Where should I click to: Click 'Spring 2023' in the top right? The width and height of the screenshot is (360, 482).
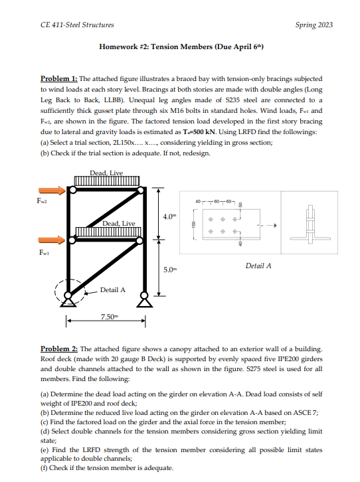[x=314, y=25]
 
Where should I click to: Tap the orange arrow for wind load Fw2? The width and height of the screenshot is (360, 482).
[x=54, y=191]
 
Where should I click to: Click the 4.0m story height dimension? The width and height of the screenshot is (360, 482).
[x=169, y=216]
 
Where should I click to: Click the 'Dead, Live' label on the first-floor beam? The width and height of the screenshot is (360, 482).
[x=119, y=224]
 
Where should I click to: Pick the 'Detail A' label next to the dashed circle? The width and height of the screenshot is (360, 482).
[x=113, y=289]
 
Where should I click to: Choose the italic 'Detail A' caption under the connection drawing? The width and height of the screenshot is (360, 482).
[x=258, y=266]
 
